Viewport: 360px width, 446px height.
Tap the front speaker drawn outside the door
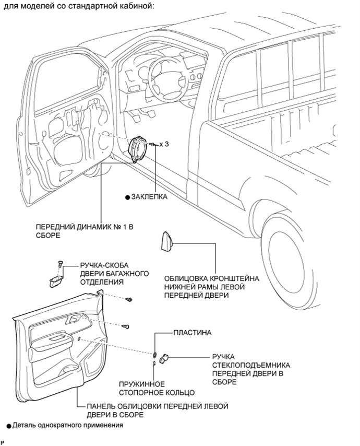click(138, 148)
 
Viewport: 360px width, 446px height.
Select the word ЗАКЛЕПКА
click(149, 197)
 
